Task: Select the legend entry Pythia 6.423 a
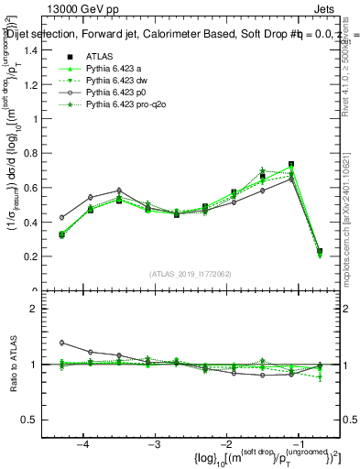(x=114, y=69)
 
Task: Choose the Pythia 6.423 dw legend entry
(x=116, y=81)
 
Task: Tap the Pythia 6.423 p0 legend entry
(x=115, y=93)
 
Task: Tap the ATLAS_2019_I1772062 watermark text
(x=191, y=274)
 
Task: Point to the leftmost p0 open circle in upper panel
(x=62, y=217)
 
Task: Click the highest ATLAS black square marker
(x=290, y=164)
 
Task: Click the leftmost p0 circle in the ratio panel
(x=62, y=343)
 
